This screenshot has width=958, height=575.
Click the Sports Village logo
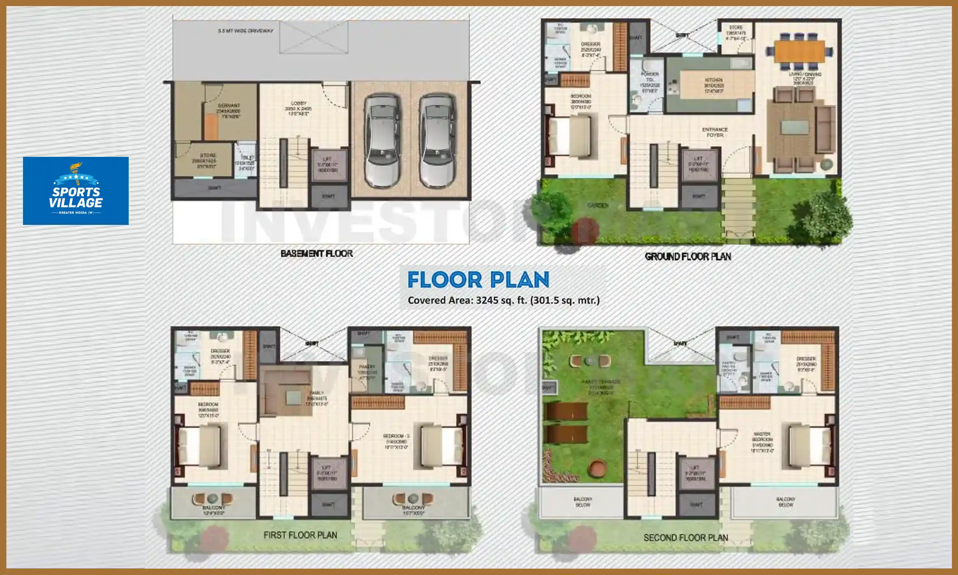76,191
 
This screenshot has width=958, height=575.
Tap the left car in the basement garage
383,141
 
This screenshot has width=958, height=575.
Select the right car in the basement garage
437,141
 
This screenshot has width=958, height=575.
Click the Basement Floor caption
316,253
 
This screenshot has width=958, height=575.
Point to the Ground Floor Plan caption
688,257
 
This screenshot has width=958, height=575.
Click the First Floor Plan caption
300,535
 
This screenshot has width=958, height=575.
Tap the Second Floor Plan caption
685,538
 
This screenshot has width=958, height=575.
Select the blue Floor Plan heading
478,280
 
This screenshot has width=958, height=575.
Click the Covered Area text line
503,300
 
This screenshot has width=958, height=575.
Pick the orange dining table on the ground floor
799,51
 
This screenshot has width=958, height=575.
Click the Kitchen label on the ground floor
713,80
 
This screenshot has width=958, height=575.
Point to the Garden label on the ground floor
597,205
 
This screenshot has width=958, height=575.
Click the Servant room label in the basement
229,105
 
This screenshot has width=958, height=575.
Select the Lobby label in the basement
299,104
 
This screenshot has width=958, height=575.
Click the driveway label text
246,31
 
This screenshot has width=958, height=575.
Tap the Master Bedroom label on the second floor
762,437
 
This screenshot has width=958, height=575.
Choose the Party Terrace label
601,382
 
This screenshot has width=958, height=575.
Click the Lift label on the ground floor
698,158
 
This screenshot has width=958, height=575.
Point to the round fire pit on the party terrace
597,468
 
